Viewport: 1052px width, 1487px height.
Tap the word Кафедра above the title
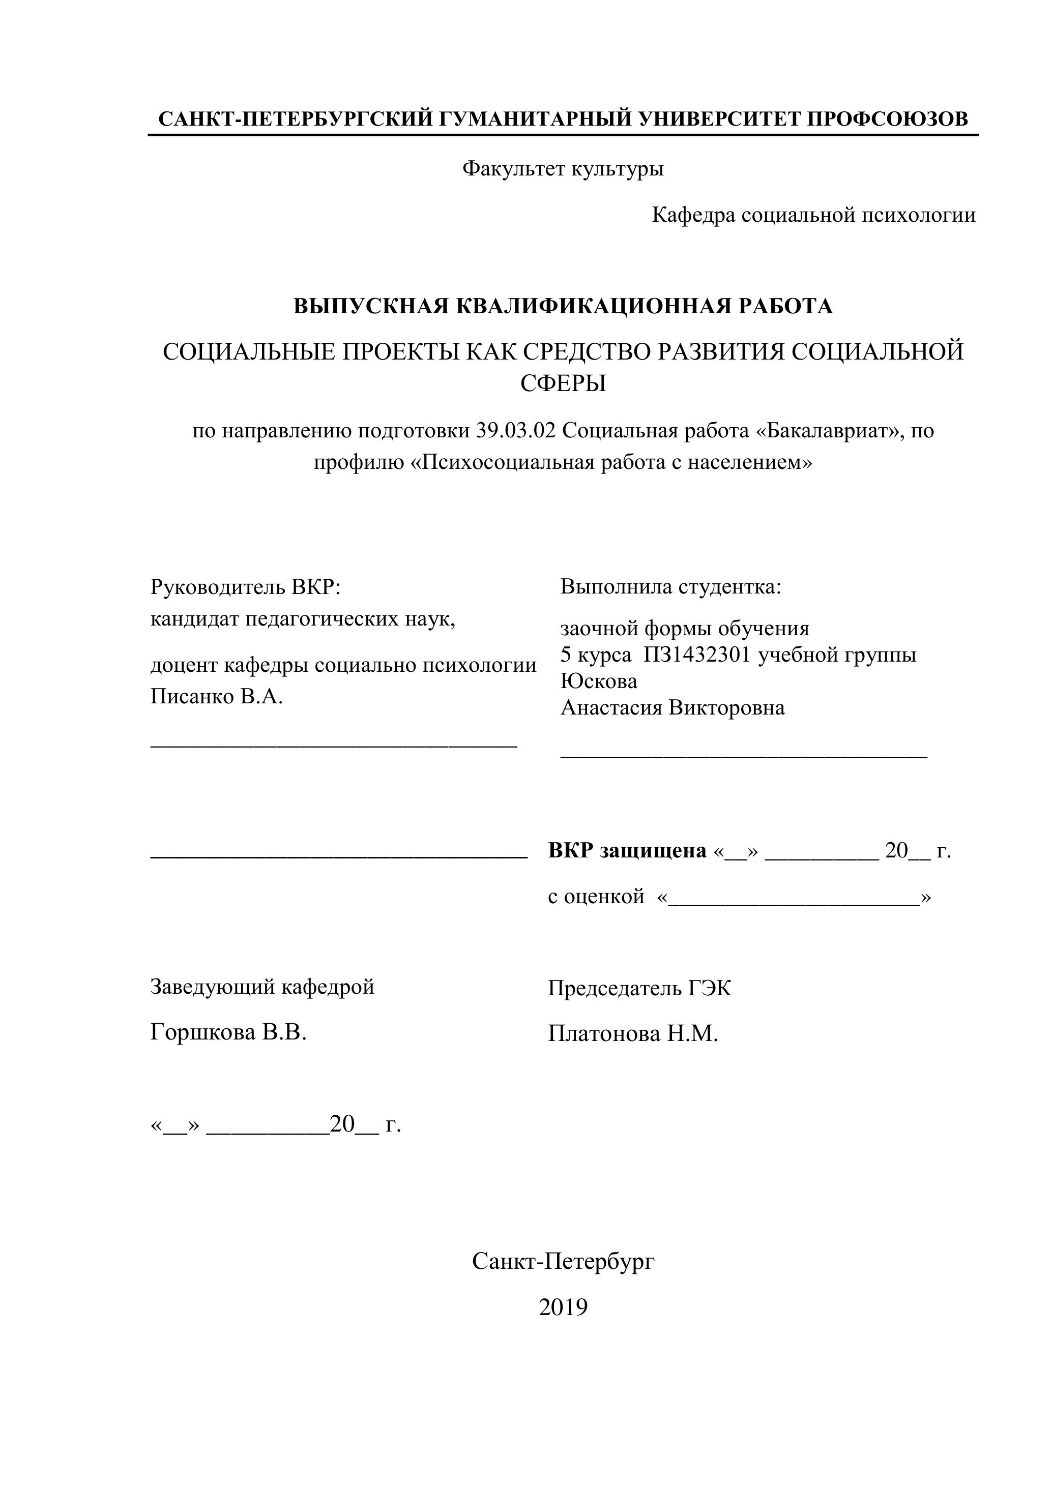[x=693, y=215]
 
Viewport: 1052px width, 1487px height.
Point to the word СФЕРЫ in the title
[x=563, y=383]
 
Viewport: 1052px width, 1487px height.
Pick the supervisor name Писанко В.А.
[x=216, y=697]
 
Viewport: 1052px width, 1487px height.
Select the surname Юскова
[x=599, y=680]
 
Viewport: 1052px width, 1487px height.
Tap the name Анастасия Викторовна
[x=672, y=707]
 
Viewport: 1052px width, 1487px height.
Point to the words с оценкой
[x=596, y=897]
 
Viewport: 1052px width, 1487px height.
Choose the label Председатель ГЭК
[x=639, y=988]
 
